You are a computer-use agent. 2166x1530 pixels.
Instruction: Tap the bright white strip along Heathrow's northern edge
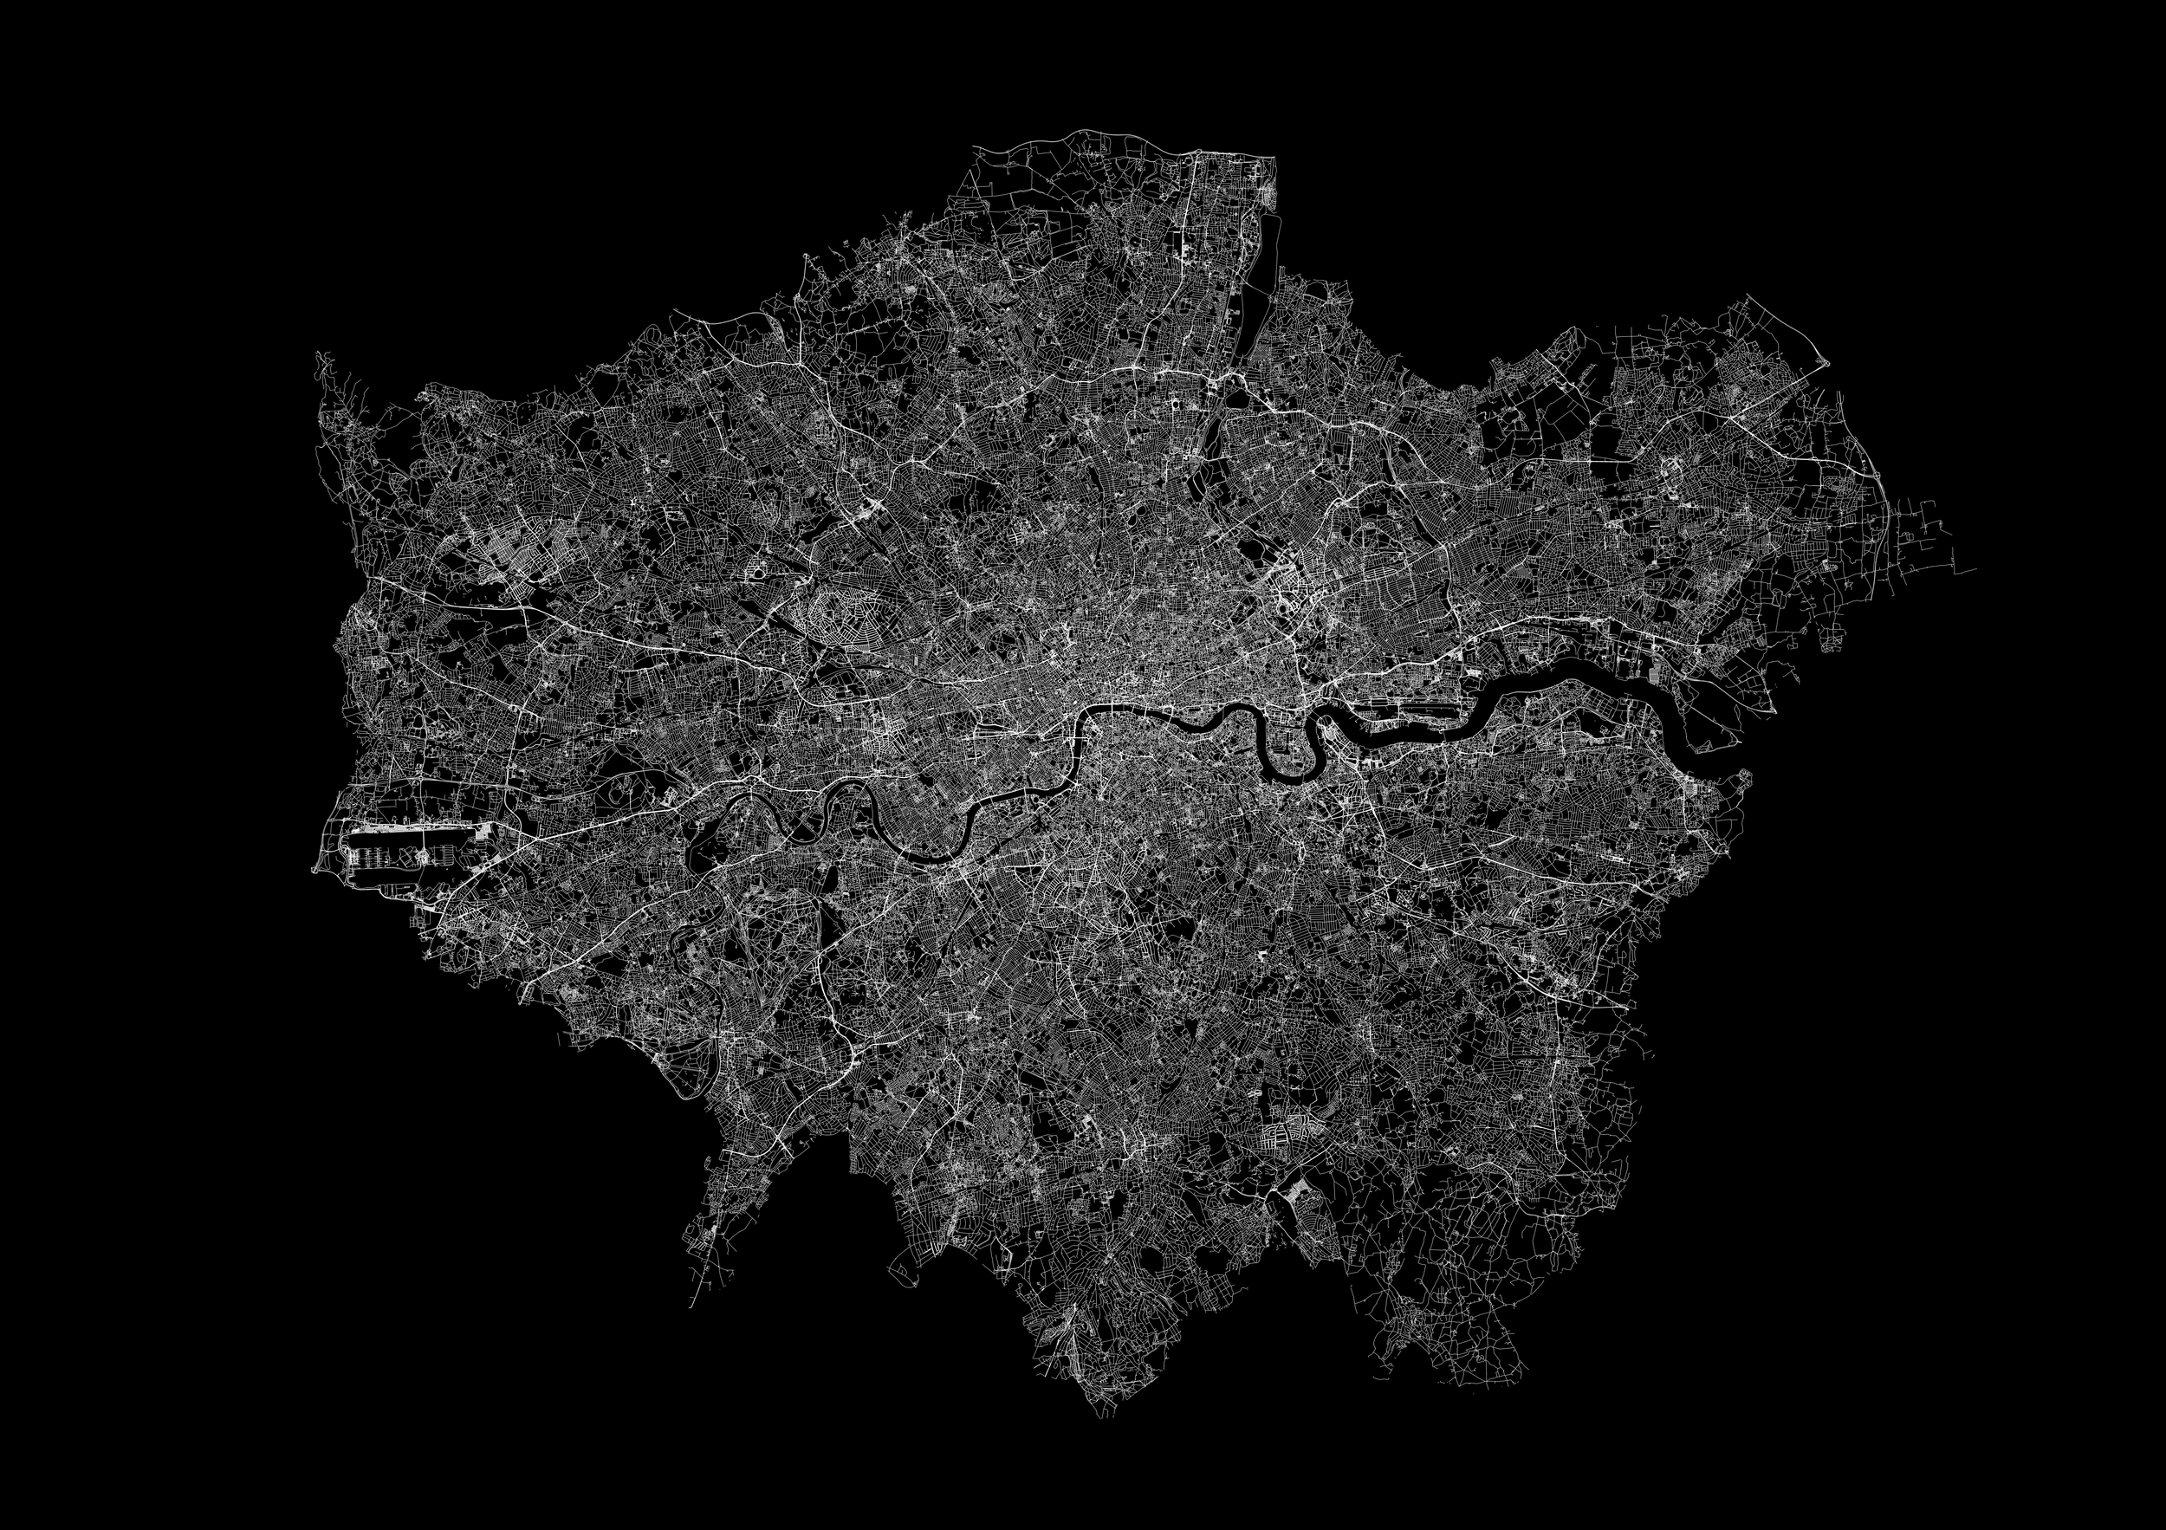415,828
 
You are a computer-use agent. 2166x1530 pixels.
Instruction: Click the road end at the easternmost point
1975,571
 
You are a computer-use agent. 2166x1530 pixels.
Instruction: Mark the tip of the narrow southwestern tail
691,1306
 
